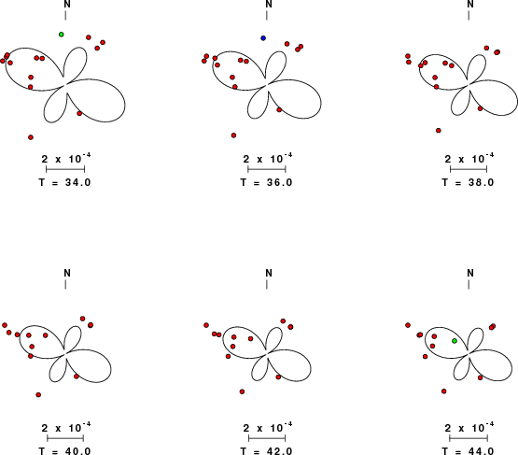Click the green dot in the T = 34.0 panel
[x=61, y=35]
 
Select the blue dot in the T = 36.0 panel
[x=263, y=38]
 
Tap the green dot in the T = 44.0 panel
[x=455, y=341]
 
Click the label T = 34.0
[x=64, y=182]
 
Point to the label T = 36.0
[x=266, y=182]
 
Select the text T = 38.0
[x=469, y=182]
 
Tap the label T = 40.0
[x=64, y=451]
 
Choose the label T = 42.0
[x=266, y=451]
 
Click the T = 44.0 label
[x=469, y=451]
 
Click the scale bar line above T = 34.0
[x=65, y=169]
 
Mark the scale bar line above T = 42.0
[x=267, y=438]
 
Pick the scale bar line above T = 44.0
[x=469, y=438]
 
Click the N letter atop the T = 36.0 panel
[x=269, y=5]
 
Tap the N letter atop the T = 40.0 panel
[x=67, y=273]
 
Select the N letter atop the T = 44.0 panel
[x=470, y=273]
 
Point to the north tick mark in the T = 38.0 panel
[x=469, y=16]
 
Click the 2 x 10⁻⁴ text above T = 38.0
[x=469, y=159]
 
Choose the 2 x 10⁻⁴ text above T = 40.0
[x=66, y=428]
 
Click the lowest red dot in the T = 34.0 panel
[x=31, y=137]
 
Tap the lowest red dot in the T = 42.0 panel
[x=242, y=391]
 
